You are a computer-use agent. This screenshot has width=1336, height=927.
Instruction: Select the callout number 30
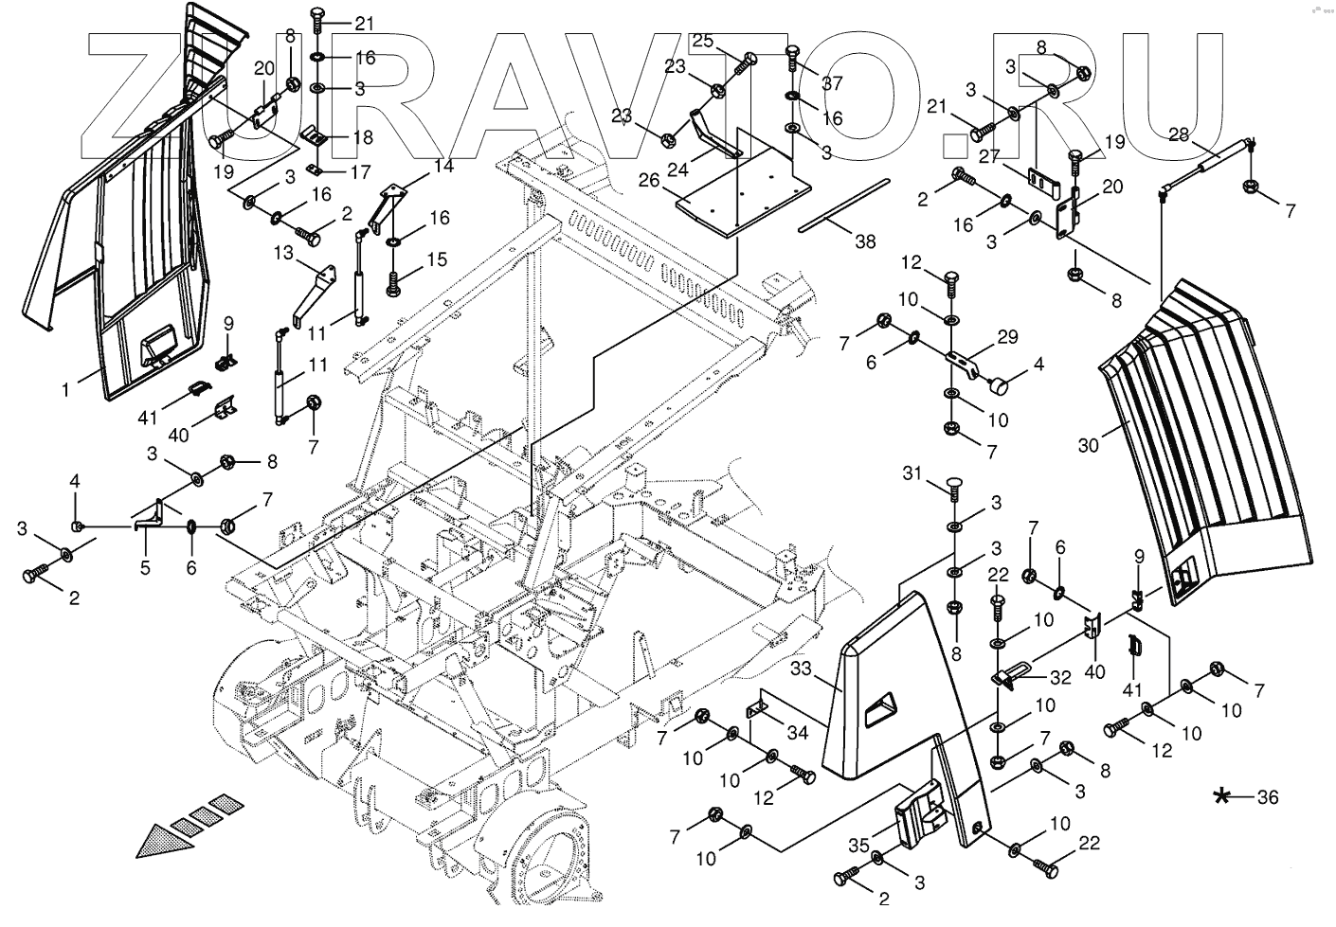pos(1089,443)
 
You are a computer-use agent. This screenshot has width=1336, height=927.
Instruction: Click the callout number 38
pos(865,241)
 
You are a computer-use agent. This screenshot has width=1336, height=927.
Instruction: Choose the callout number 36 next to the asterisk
pos(1268,797)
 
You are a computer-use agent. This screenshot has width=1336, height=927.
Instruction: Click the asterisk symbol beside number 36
pos(1224,796)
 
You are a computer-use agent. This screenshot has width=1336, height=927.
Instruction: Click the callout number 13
pos(284,253)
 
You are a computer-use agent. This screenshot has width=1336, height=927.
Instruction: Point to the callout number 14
pos(443,167)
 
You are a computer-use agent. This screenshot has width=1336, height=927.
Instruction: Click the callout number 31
pos(912,472)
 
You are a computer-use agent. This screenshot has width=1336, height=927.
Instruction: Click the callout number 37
pos(832,83)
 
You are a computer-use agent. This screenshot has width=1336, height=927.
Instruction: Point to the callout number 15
pos(436,258)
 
